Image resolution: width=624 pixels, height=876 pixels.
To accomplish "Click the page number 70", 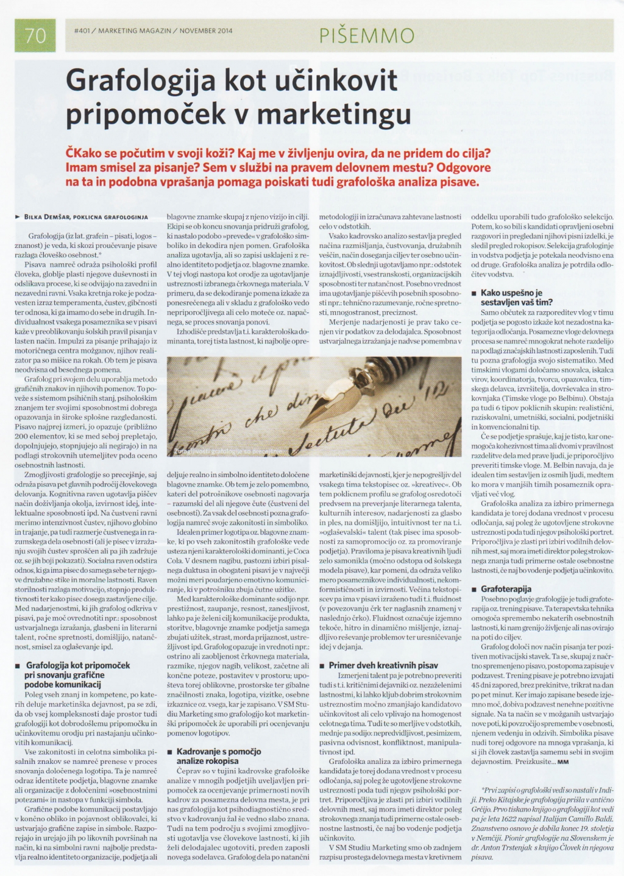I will click(x=36, y=35).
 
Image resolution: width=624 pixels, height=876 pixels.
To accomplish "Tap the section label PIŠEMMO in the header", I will click(x=367, y=37).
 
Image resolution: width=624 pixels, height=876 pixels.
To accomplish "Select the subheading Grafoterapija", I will click(x=506, y=589).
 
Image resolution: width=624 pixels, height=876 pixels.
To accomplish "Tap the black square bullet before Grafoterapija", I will click(x=475, y=590).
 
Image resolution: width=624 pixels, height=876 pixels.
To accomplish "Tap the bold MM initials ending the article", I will click(x=562, y=761).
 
